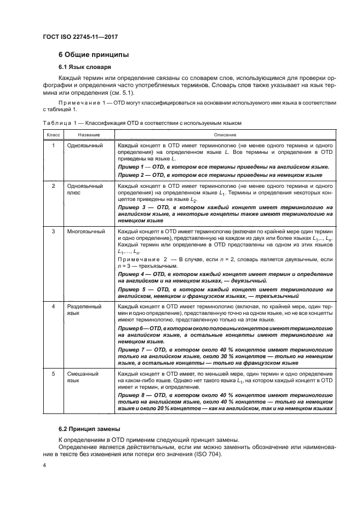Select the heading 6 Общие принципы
[x=94, y=55]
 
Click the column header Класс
[x=53, y=134]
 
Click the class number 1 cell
[x=53, y=146]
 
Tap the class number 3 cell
[x=53, y=232]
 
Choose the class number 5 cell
[x=53, y=374]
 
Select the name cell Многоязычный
[x=86, y=232]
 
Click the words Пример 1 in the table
[x=133, y=166]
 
